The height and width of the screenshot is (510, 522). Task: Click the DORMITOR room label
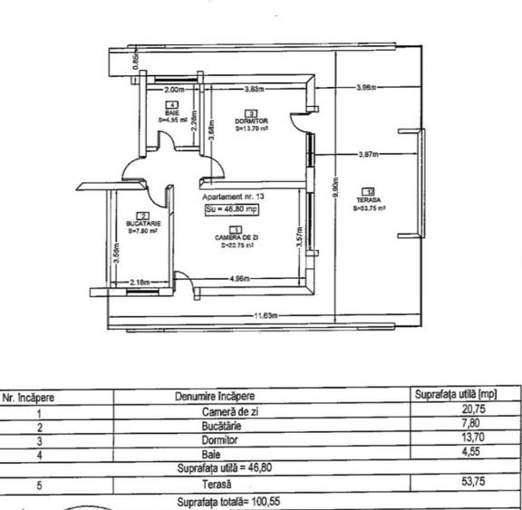[x=251, y=120]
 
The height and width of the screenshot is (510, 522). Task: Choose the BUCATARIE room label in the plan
[x=142, y=223]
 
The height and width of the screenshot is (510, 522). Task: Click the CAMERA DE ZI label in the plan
[x=234, y=236]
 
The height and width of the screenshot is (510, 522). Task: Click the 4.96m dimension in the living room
[x=240, y=278]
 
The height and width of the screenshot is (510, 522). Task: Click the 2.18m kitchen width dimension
[x=141, y=283]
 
